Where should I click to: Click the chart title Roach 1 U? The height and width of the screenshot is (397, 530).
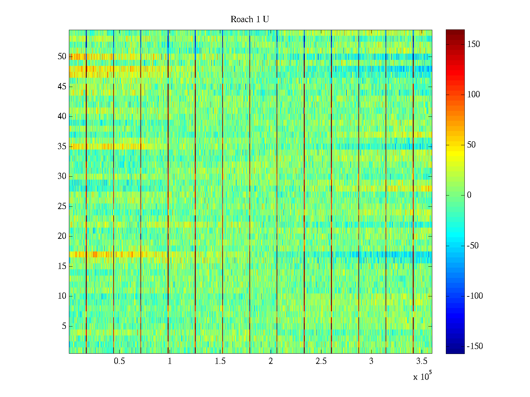pyautogui.click(x=249, y=20)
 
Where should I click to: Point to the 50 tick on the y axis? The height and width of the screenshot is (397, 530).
pyautogui.click(x=62, y=57)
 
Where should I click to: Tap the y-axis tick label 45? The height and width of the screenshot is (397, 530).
pyautogui.click(x=62, y=87)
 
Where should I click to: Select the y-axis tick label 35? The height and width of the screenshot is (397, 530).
pyautogui.click(x=62, y=147)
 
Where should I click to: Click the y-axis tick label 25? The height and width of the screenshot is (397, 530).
pyautogui.click(x=62, y=206)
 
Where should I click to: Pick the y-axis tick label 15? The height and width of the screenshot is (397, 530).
pyautogui.click(x=62, y=266)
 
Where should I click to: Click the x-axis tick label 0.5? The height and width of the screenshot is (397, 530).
pyautogui.click(x=119, y=361)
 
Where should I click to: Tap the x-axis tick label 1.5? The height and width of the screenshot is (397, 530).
pyautogui.click(x=220, y=361)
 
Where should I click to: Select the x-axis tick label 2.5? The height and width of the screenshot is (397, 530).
pyautogui.click(x=321, y=361)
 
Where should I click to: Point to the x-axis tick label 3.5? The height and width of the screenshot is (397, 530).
pyautogui.click(x=422, y=361)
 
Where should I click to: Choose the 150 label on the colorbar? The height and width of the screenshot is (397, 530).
pyautogui.click(x=473, y=44)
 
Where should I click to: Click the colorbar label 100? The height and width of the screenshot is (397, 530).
pyautogui.click(x=473, y=95)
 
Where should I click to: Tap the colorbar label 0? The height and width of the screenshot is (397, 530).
pyautogui.click(x=469, y=195)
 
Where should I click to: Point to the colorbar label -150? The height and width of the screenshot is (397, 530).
pyautogui.click(x=475, y=346)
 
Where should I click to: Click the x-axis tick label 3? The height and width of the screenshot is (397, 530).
pyautogui.click(x=371, y=361)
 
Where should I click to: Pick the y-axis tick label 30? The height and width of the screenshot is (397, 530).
pyautogui.click(x=62, y=176)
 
